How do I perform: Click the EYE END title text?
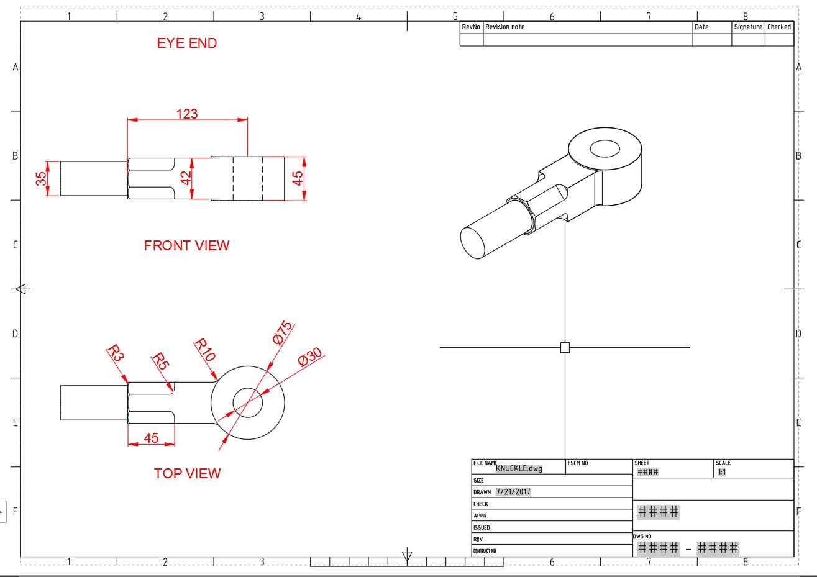[187, 43]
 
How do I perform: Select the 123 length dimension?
[187, 114]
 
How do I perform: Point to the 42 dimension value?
[186, 178]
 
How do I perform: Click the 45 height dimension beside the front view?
[298, 178]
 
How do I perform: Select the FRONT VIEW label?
[186, 246]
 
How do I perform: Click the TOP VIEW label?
[187, 473]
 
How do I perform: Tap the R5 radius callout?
[160, 361]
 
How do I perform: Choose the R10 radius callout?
[204, 350]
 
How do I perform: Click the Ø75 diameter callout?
[282, 334]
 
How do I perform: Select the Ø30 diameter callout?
[310, 358]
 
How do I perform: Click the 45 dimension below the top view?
[151, 438]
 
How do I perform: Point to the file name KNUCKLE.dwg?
[519, 468]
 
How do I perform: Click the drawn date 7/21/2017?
[513, 492]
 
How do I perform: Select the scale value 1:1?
[722, 472]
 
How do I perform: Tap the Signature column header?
[747, 27]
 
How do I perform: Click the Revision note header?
[504, 27]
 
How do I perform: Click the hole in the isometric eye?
[605, 148]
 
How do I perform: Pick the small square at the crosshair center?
[565, 347]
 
